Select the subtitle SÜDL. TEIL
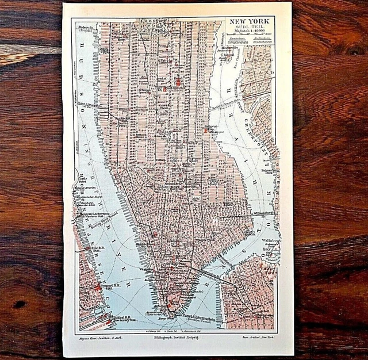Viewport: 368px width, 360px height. pos(248,32)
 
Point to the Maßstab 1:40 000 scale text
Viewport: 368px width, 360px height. pos(248,38)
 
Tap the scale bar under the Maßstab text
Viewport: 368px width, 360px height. pos(248,44)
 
